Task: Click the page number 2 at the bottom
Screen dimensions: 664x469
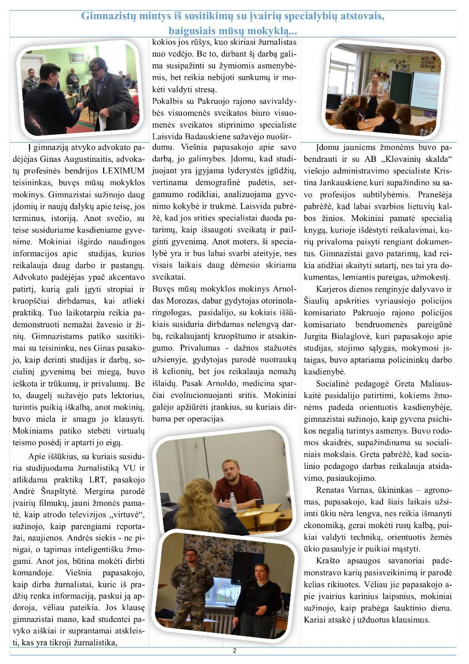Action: (234, 651)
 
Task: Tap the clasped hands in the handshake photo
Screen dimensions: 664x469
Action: (79, 104)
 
